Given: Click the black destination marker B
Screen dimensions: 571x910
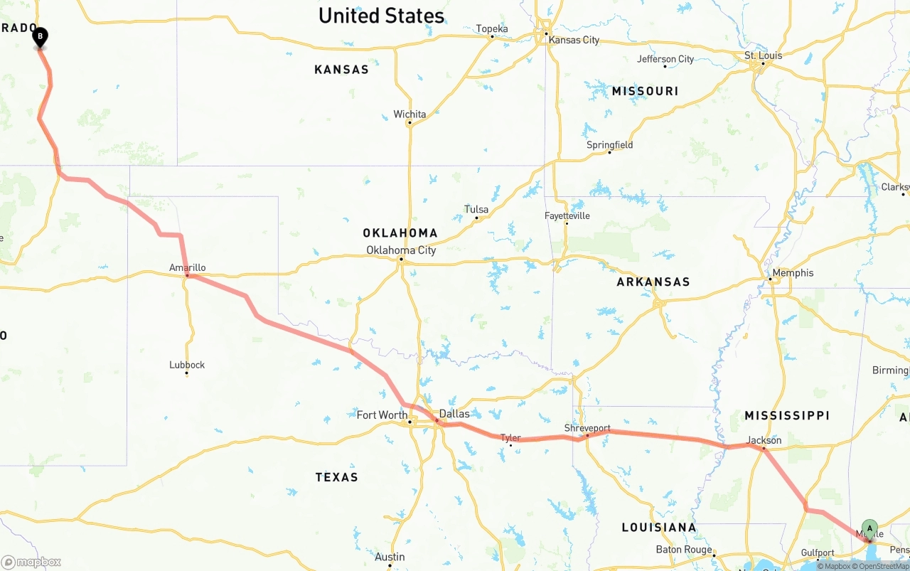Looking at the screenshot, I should point(41,36).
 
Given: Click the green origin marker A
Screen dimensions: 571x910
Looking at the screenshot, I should point(869,528).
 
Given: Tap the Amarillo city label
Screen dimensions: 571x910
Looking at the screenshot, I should point(188,268).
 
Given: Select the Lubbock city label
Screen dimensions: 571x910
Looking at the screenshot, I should point(187,365).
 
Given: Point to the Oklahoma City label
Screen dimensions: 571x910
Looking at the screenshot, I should point(401,250).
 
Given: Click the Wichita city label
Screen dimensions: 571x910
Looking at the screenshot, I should point(409,114).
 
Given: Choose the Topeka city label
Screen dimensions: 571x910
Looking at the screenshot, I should point(492,29).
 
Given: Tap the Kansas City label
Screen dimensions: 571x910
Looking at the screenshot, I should point(574,40).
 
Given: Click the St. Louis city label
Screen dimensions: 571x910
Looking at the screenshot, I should point(763,55).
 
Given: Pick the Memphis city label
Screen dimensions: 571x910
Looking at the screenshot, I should point(793,273).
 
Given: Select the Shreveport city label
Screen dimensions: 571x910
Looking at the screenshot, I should point(587,428).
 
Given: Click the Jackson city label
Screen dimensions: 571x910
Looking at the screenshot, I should point(764,440).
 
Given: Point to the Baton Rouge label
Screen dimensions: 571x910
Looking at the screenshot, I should point(684,550).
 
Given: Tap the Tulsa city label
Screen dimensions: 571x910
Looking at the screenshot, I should point(476,210).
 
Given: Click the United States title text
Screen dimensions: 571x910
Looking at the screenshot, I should point(381,16).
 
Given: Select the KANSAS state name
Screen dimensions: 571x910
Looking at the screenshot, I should point(341,70).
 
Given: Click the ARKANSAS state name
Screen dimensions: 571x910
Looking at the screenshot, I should point(653,282).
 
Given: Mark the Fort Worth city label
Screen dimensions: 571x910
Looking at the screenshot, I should point(382,415).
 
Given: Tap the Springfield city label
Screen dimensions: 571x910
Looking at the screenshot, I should point(609,145).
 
